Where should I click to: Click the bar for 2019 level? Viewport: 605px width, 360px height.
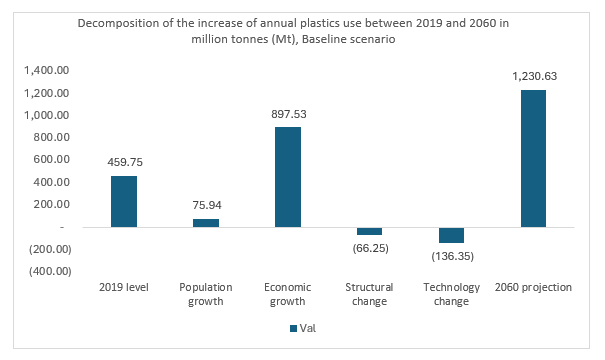(x=124, y=201)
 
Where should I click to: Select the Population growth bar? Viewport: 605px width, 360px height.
(x=206, y=222)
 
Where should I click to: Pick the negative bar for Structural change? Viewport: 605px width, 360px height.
(x=370, y=231)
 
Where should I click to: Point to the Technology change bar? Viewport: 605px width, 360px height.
(x=452, y=235)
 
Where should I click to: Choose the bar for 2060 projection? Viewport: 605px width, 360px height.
(x=534, y=158)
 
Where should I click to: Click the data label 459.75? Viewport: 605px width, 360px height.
(x=124, y=163)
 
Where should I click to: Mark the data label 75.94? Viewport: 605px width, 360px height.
(x=206, y=206)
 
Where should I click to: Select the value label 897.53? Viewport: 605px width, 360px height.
(x=288, y=114)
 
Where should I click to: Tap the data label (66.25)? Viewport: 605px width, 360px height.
(x=370, y=247)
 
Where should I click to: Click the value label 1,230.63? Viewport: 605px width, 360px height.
(x=534, y=77)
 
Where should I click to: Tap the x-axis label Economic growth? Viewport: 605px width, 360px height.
(x=288, y=294)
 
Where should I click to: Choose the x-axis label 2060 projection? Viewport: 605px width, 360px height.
(x=534, y=288)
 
